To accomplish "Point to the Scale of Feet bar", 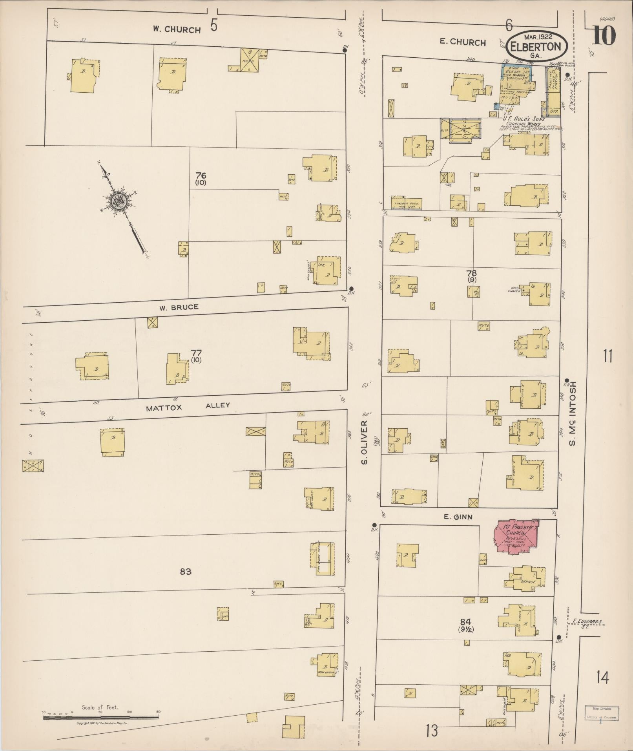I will point(100,717).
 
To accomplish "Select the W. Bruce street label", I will point(179,307).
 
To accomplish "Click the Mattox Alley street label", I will point(188,406).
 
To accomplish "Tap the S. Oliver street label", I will point(364,442).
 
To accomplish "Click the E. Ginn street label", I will point(458,517).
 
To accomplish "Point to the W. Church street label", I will point(177,29).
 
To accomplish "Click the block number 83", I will point(186,571).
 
